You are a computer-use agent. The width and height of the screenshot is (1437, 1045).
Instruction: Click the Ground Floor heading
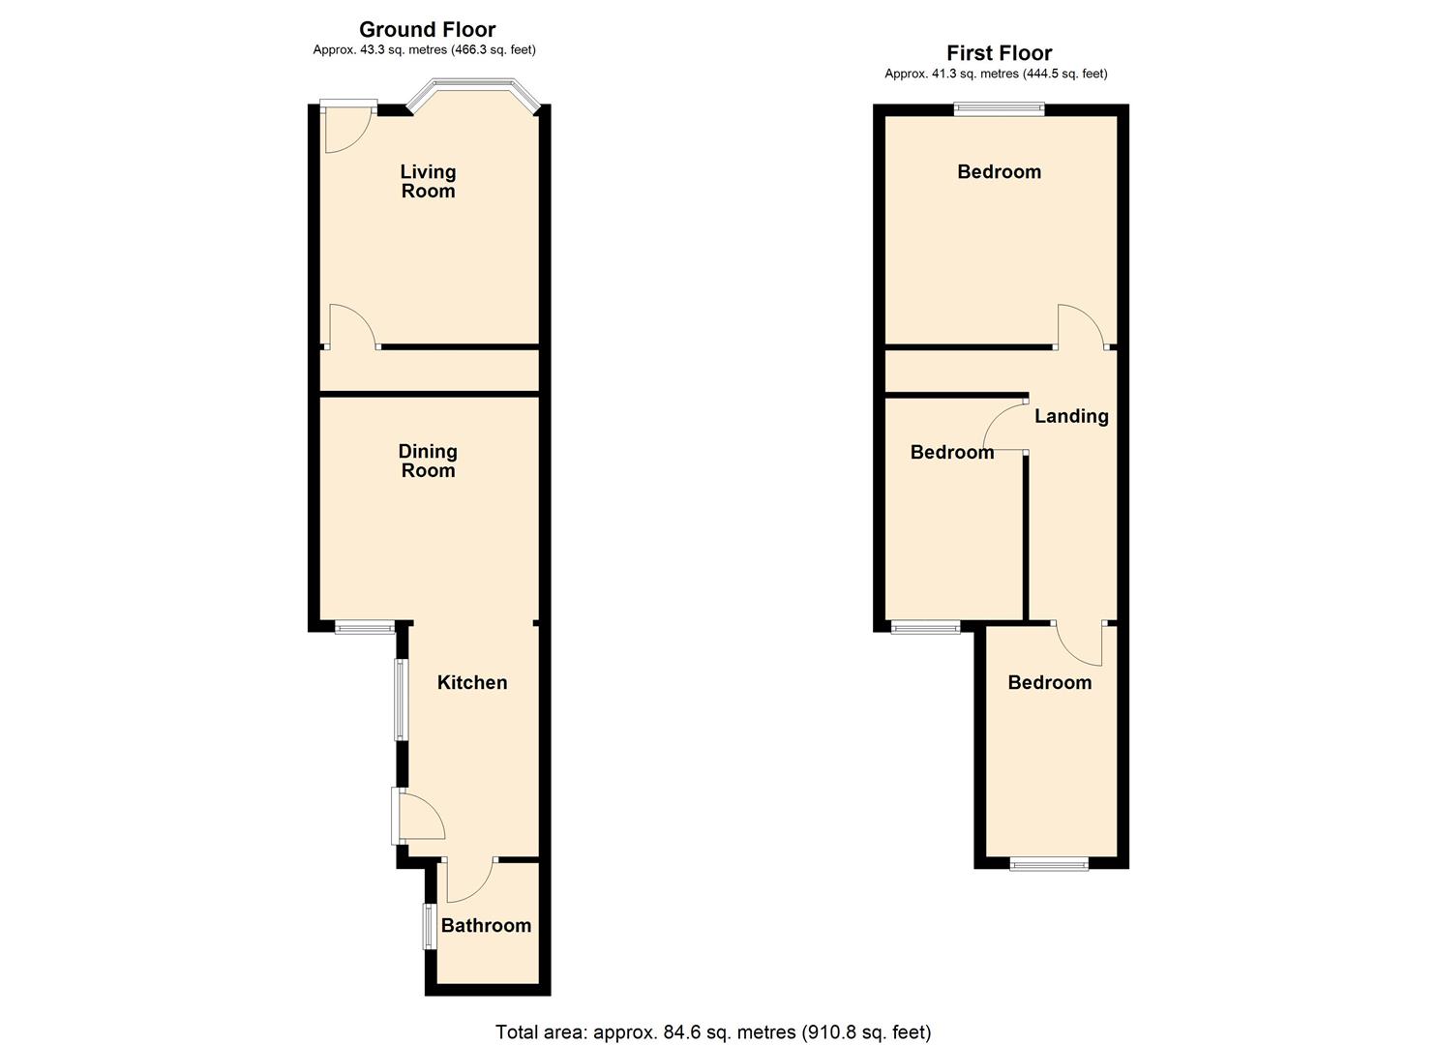pyautogui.click(x=427, y=29)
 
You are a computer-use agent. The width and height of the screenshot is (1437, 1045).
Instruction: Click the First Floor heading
pyautogui.click(x=999, y=53)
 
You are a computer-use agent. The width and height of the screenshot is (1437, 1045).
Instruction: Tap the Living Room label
pyautogui.click(x=428, y=181)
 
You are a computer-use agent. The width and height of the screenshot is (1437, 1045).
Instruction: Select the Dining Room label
pyautogui.click(x=428, y=461)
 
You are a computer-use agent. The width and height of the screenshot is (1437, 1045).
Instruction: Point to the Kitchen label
pyautogui.click(x=472, y=682)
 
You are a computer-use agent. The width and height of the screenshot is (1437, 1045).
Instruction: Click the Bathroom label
pyautogui.click(x=486, y=925)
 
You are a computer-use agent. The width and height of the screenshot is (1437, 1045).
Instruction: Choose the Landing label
pyautogui.click(x=1071, y=416)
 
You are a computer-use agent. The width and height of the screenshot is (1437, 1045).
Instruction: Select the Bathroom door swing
pyautogui.click(x=469, y=880)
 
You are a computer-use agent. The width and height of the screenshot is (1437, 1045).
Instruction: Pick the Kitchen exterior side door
pyautogui.click(x=418, y=815)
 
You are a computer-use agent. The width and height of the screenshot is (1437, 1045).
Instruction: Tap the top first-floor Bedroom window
pyautogui.click(x=999, y=109)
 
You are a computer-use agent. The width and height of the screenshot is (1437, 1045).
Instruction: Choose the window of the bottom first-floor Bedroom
pyautogui.click(x=1049, y=864)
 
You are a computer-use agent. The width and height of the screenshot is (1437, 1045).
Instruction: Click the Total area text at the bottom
pyautogui.click(x=713, y=1032)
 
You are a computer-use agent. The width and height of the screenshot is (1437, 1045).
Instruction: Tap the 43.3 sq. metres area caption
pyautogui.click(x=424, y=50)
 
